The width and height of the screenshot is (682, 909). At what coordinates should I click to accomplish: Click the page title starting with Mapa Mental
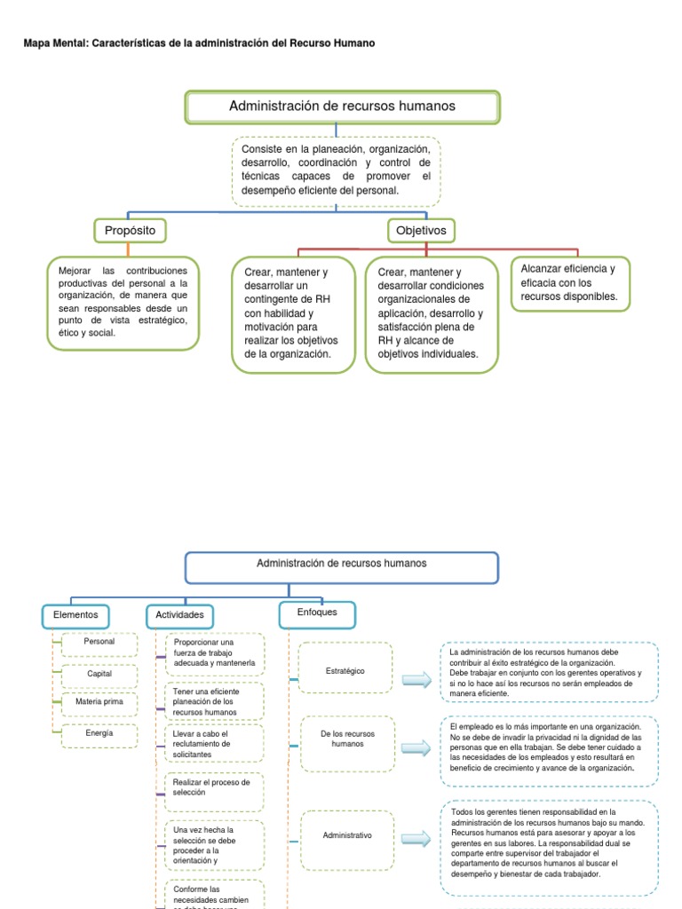[199, 43]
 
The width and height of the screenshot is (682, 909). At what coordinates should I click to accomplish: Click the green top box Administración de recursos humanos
[342, 107]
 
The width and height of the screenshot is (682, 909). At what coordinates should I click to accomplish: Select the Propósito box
[130, 231]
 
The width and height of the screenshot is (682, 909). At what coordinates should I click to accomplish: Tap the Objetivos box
[422, 231]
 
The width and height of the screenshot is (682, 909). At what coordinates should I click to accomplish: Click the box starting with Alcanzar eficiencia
[569, 283]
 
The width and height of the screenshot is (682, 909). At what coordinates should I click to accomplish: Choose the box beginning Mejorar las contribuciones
[123, 302]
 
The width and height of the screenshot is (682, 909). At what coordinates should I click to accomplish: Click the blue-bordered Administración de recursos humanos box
[342, 567]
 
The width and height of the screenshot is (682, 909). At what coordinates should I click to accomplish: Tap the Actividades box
[180, 615]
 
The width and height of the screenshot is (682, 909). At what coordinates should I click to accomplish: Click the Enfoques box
[316, 613]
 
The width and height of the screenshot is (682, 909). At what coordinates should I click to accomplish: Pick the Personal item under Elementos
[99, 642]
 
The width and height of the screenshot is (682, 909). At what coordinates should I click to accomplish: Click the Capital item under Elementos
[99, 674]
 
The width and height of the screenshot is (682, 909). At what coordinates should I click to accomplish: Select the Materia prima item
[99, 703]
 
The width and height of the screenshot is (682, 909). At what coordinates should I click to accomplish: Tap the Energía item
[99, 734]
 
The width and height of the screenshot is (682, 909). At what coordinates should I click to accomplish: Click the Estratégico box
[345, 672]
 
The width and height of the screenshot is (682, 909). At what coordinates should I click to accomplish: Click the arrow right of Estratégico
[416, 680]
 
